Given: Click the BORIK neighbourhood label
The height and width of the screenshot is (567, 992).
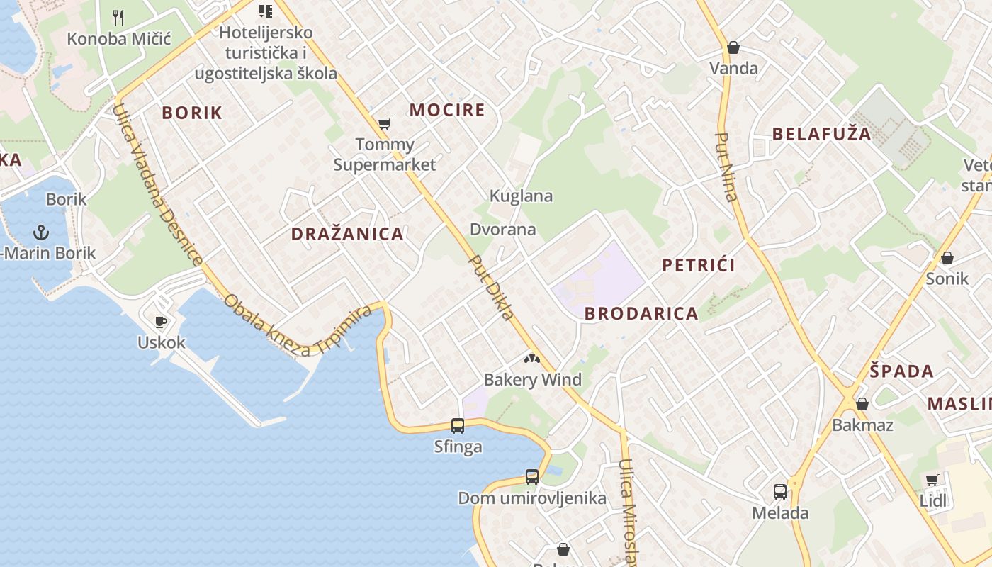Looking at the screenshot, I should [x=192, y=113].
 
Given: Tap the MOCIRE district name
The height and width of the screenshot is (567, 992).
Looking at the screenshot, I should [x=447, y=110].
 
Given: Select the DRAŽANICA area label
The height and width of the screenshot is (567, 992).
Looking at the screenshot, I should [x=347, y=234].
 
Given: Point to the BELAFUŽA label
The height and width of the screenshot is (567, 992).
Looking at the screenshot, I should [x=822, y=134].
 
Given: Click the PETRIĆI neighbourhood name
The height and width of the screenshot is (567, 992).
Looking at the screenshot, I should [x=699, y=265].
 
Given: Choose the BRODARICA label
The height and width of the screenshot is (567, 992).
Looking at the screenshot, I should [x=641, y=313].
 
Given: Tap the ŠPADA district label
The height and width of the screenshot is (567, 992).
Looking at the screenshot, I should [x=902, y=371].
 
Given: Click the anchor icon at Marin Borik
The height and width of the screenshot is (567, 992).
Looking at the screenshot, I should [x=41, y=232].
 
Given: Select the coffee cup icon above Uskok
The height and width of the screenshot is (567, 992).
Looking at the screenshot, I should [x=161, y=322].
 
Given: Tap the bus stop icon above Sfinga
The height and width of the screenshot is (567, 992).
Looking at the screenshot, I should [x=458, y=426].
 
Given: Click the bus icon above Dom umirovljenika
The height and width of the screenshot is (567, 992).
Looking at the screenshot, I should [x=532, y=477].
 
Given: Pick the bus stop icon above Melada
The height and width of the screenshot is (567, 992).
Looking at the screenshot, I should [x=780, y=492].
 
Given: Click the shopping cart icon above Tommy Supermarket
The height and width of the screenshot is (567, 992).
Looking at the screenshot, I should [x=385, y=124].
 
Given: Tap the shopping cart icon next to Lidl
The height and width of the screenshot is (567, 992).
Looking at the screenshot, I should [x=932, y=481].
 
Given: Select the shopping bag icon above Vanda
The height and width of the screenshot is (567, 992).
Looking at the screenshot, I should [x=733, y=47].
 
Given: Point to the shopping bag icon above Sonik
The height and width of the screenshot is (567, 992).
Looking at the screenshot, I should [x=947, y=258].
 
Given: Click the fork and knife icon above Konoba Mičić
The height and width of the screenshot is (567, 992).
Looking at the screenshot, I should [x=119, y=18].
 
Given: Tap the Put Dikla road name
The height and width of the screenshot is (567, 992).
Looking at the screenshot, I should [x=491, y=287].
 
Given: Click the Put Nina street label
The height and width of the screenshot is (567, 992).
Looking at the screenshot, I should [x=728, y=167].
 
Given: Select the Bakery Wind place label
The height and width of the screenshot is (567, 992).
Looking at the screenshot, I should [x=532, y=380].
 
